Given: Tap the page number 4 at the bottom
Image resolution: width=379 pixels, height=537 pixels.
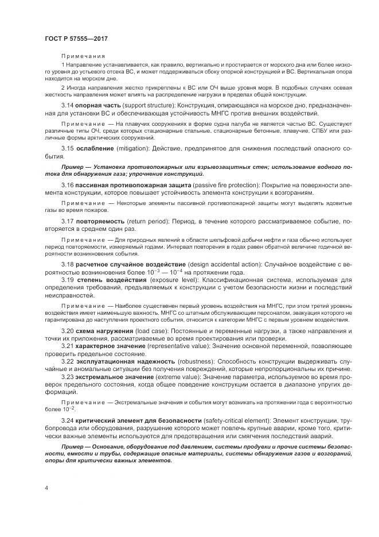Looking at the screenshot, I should pyautogui.click(x=46, y=488).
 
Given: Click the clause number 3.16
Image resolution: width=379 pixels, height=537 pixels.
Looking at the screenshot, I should pyautogui.click(x=67, y=186).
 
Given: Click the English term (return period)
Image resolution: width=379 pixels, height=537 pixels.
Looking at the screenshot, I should pyautogui.click(x=154, y=221).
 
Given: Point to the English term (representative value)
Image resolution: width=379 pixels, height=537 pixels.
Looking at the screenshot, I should pyautogui.click(x=179, y=347).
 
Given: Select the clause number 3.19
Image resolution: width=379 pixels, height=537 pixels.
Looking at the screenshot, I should pyautogui.click(x=67, y=279).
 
